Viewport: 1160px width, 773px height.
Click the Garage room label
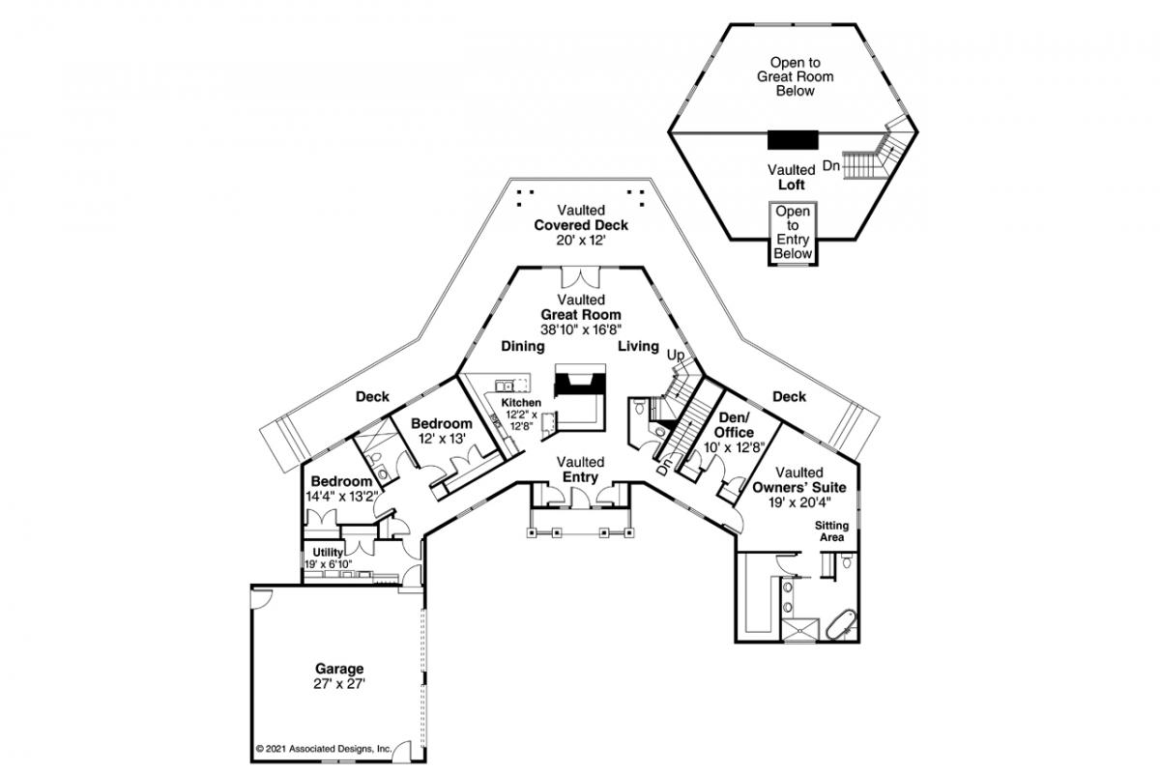tap(339, 669)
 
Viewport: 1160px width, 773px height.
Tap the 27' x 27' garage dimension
tap(339, 684)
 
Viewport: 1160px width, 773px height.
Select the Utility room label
tap(328, 553)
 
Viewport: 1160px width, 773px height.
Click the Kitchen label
tap(521, 402)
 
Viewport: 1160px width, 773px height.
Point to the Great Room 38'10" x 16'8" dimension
tap(581, 329)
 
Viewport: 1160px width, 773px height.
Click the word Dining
tap(523, 346)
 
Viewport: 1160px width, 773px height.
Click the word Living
tap(639, 346)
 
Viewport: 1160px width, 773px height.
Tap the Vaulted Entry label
tap(581, 469)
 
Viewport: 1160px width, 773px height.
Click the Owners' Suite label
tap(799, 487)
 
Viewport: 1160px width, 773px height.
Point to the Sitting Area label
tap(831, 531)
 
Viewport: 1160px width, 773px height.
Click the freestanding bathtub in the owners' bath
tap(842, 625)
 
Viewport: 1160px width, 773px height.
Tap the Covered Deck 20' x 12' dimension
tap(581, 241)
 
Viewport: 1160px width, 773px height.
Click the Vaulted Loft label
tap(792, 177)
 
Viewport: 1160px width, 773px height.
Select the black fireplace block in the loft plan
tap(793, 140)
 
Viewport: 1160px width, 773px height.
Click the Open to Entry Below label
tap(793, 233)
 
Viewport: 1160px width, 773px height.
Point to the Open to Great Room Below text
tap(796, 76)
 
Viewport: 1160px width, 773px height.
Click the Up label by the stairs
tap(676, 356)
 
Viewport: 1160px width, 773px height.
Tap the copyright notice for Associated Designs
tap(324, 748)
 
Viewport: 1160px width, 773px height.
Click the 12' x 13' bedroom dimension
tap(443, 439)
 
